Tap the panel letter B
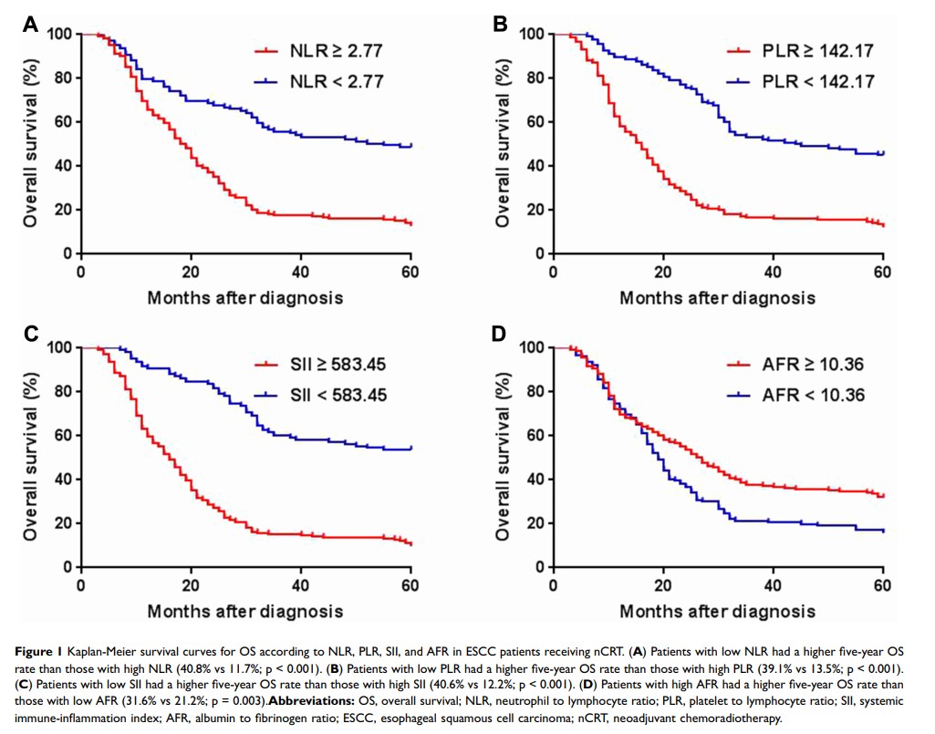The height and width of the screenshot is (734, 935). point(500,26)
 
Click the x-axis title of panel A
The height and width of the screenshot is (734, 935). point(245,297)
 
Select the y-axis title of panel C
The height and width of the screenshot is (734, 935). point(31,456)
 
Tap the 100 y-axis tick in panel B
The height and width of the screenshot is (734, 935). point(533,35)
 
